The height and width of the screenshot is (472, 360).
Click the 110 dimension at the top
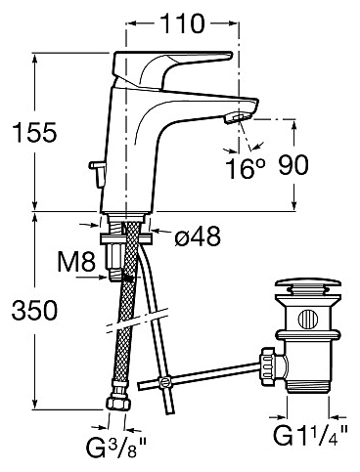(x=183, y=23)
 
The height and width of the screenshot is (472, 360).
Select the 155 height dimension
(x=34, y=133)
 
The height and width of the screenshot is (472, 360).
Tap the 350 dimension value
(x=34, y=310)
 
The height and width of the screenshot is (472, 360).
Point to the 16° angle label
(x=246, y=168)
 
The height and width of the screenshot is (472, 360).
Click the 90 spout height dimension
(x=293, y=165)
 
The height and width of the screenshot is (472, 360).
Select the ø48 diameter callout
(x=198, y=236)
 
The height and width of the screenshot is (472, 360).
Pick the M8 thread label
(x=76, y=261)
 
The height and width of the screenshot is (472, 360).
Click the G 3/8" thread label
(x=116, y=447)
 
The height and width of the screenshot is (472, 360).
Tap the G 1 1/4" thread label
(x=310, y=435)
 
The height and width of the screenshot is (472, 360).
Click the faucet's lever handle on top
(x=169, y=66)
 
